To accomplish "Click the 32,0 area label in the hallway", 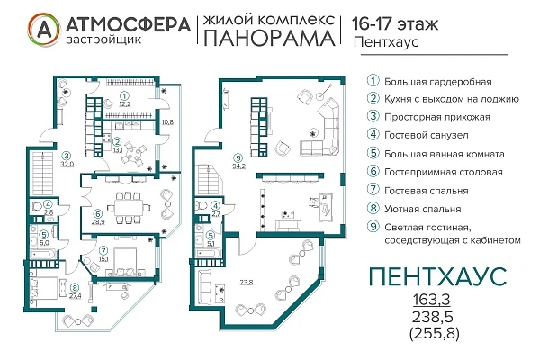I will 66,165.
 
